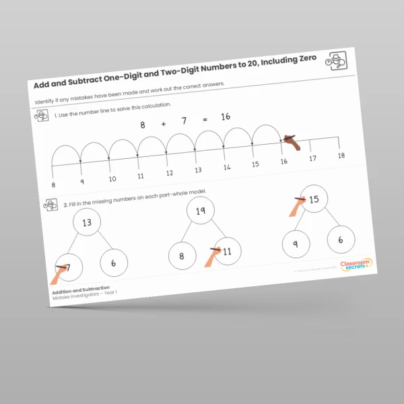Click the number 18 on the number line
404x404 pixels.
point(341,155)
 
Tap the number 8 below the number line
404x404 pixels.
point(54,184)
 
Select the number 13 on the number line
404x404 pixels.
point(198,170)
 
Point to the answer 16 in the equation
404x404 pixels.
point(225,117)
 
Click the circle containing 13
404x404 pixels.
point(86,224)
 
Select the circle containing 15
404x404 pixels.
point(313,199)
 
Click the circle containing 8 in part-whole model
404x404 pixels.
point(182,256)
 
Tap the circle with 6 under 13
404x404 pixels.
point(113,263)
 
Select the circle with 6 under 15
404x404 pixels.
point(341,239)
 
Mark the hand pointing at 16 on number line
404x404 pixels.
point(290,141)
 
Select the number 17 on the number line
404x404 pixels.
point(312,158)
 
